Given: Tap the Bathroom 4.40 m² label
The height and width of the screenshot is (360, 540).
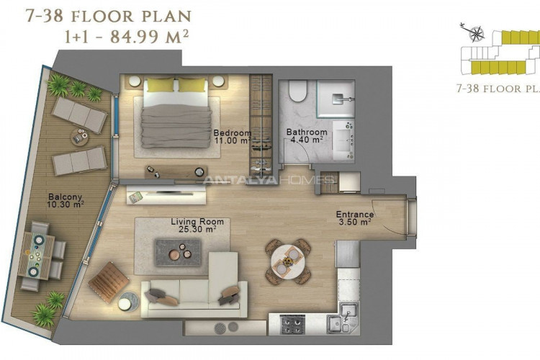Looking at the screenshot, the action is (307, 136).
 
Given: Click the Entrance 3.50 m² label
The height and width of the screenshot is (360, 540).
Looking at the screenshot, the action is (355, 218).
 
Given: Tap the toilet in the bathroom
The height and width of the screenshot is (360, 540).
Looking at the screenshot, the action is (298, 91).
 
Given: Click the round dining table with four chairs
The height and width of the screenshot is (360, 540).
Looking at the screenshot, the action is (287, 261).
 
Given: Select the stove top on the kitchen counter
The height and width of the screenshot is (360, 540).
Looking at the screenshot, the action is (292, 325).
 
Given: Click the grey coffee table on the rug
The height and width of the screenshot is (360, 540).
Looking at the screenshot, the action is (178, 253).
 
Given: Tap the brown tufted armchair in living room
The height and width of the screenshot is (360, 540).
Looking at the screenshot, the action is (109, 282).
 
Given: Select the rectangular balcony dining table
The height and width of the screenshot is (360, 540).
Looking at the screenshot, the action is (36, 256).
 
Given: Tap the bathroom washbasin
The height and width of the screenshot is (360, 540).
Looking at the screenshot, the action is (343, 140).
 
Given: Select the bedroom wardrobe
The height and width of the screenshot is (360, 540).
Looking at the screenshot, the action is (261, 127).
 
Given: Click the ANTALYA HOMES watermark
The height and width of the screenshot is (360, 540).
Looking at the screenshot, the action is (268, 179).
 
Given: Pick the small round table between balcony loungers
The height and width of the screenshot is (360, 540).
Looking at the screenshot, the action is (79, 137).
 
